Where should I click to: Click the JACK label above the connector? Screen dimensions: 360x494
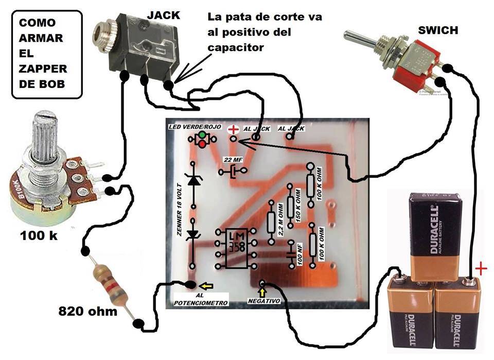(164, 15)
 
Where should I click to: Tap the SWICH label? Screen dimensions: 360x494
(438, 30)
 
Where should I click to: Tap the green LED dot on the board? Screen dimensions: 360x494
(202, 135)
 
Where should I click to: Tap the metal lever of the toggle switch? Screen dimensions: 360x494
(360, 38)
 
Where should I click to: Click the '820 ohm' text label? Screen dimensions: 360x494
(87, 312)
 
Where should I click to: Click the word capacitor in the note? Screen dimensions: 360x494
(235, 47)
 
